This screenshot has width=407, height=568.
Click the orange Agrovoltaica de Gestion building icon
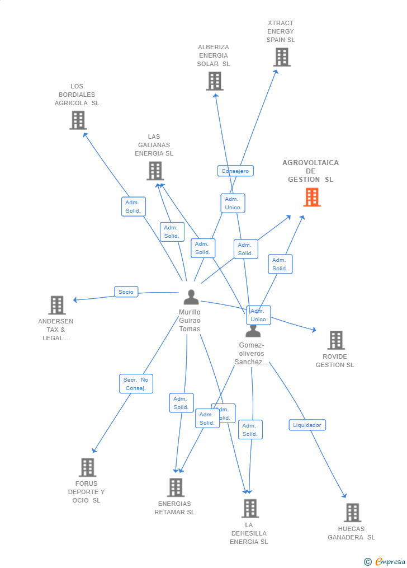click(x=312, y=197)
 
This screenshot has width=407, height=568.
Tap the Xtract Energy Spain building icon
click(x=281, y=57)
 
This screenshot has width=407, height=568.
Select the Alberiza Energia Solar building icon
click(x=214, y=81)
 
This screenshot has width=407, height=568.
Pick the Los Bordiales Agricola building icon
click(x=78, y=120)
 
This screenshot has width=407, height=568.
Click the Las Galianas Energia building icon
click(x=155, y=171)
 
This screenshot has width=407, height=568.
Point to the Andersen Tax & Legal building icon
click(x=56, y=306)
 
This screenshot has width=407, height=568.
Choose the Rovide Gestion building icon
click(x=335, y=340)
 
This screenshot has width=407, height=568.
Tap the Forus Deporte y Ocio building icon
click(x=87, y=467)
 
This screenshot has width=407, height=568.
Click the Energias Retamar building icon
click(x=176, y=487)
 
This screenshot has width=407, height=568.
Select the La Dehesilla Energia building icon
click(x=249, y=509)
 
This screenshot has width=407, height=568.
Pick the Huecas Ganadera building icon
click(x=352, y=513)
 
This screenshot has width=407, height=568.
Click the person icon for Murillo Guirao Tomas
click(x=191, y=297)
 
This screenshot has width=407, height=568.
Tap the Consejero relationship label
click(x=235, y=171)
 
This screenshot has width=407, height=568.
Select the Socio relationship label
click(x=126, y=292)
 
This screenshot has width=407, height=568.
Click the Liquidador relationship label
click(x=307, y=425)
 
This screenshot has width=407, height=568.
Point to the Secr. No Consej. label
click(x=136, y=384)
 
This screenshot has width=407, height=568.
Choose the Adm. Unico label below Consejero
click(x=233, y=203)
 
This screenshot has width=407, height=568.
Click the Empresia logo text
click(x=390, y=561)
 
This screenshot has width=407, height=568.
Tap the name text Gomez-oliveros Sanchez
click(x=252, y=354)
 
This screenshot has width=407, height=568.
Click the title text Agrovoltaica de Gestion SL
click(x=310, y=171)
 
